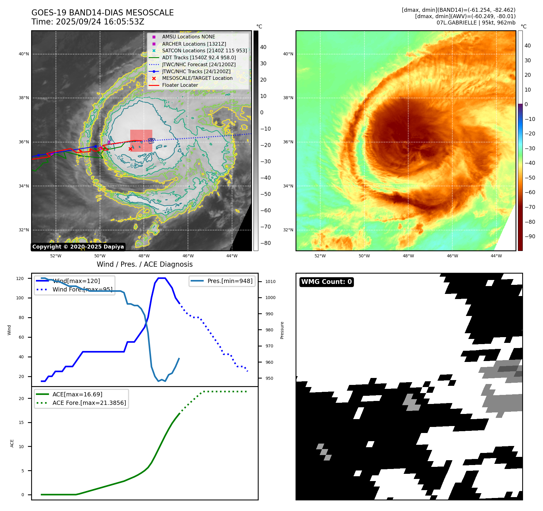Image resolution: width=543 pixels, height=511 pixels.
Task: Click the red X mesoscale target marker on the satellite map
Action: click(x=130, y=149)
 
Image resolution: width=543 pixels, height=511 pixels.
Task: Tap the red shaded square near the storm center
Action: click(x=141, y=141)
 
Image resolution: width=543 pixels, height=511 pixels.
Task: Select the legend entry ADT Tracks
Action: click(x=199, y=57)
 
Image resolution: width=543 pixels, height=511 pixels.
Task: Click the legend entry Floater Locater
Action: click(x=180, y=85)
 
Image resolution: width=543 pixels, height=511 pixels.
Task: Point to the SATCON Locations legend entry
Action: click(x=204, y=50)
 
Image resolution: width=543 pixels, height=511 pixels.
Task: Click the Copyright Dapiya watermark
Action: click(x=78, y=247)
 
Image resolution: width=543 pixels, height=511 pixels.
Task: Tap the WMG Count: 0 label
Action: click(x=326, y=282)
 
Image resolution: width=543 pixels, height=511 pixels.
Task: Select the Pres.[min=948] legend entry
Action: click(x=230, y=281)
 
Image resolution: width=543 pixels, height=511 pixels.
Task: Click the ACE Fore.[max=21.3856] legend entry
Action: click(x=89, y=403)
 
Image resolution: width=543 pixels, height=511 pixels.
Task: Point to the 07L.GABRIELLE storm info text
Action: click(x=476, y=23)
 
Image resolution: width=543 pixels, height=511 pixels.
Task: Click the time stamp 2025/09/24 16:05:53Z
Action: click(x=100, y=22)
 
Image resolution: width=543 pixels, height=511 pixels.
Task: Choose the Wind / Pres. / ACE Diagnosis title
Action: click(x=144, y=264)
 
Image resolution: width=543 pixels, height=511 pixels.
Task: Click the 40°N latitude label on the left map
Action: click(x=24, y=54)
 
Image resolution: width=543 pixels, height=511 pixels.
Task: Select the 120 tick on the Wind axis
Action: click(x=20, y=278)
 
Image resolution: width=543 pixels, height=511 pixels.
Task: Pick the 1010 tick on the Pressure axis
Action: click(x=270, y=282)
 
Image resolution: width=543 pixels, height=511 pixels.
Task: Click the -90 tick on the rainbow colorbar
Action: click(x=530, y=236)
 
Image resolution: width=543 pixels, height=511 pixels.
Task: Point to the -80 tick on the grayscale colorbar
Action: click(x=266, y=243)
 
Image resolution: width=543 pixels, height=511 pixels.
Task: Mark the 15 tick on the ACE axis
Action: click(x=21, y=422)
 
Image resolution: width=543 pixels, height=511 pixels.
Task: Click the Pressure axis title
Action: click(x=282, y=330)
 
